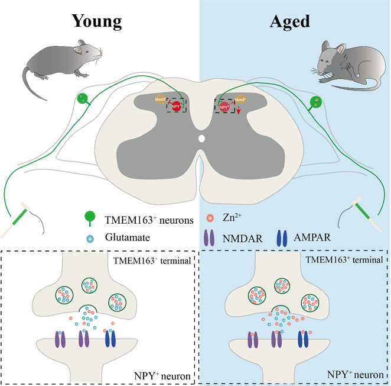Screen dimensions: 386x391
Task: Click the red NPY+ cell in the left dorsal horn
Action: click(x=177, y=107)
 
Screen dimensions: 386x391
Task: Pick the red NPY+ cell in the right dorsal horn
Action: click(x=224, y=107)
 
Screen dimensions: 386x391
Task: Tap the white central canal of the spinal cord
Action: click(x=201, y=140)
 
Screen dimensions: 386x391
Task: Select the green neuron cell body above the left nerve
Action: click(x=83, y=99)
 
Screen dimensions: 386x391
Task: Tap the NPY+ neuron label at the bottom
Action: click(x=354, y=375)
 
